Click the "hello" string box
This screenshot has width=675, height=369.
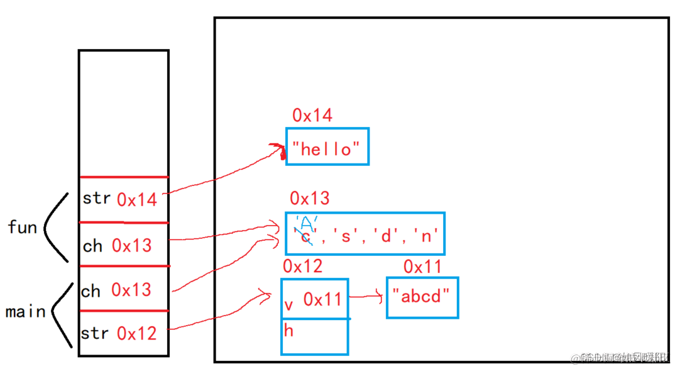tap(327, 147)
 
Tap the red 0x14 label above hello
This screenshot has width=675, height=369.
tap(312, 116)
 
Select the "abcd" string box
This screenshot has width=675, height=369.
tap(422, 297)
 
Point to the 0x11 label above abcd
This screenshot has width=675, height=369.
tap(422, 267)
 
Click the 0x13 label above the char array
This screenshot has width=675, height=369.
tap(309, 199)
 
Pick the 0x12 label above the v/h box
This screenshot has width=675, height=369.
tap(302, 267)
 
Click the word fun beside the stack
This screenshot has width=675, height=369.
tap(23, 227)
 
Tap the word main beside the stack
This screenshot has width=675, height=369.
tap(25, 312)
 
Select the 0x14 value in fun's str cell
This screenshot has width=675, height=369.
tap(136, 200)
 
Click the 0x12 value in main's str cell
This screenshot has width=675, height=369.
tap(136, 333)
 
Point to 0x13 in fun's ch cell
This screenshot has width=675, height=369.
tap(131, 246)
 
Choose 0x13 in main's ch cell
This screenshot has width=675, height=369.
tap(131, 290)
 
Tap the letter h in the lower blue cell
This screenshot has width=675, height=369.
tap(289, 331)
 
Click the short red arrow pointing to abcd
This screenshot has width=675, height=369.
tap(366, 296)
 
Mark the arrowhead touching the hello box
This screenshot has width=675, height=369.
tap(276, 150)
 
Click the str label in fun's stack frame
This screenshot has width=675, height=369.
tap(96, 199)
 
